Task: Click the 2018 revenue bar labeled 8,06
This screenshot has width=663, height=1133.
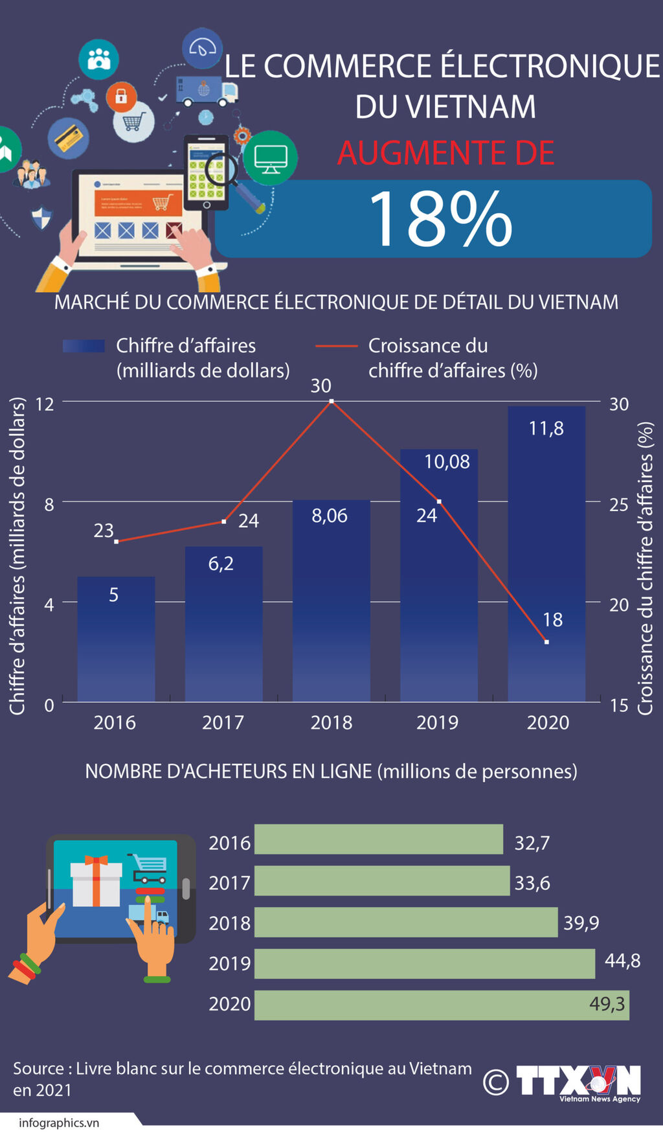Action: pos(331,602)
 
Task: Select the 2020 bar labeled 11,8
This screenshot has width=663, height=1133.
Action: pos(546,557)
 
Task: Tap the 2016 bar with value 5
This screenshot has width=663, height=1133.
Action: pos(116,641)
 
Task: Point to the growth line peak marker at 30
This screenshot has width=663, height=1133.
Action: pos(331,402)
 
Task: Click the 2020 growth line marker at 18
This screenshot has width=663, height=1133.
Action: pos(546,642)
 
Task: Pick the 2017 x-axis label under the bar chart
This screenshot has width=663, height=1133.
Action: pos(223,722)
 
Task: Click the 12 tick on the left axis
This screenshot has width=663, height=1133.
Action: pos(45,404)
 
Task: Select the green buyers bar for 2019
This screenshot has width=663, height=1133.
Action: pos(424,963)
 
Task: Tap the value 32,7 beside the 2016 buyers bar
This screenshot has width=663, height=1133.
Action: pos(532,843)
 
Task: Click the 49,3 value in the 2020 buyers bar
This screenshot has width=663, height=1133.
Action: pos(607,1003)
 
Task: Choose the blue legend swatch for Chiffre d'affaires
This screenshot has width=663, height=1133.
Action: pos(84,346)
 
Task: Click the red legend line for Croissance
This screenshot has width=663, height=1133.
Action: pos(336,347)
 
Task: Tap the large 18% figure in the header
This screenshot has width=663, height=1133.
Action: pos(440,219)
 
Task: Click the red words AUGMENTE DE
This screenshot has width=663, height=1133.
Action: pos(445,153)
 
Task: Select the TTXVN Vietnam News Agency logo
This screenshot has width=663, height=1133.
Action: pos(578,1082)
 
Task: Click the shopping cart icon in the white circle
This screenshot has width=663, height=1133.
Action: pos(133,121)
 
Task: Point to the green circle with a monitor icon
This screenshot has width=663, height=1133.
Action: pos(270,157)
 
